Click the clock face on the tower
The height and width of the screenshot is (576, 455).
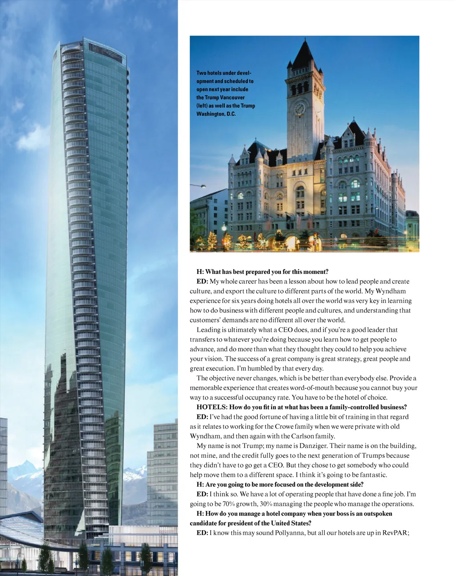click(299, 108)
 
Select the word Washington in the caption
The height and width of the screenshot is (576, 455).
click(211, 114)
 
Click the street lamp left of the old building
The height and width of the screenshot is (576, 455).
click(203, 186)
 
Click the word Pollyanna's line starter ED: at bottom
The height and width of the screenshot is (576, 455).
click(202, 533)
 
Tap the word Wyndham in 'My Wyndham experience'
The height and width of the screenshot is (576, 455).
click(391, 291)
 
